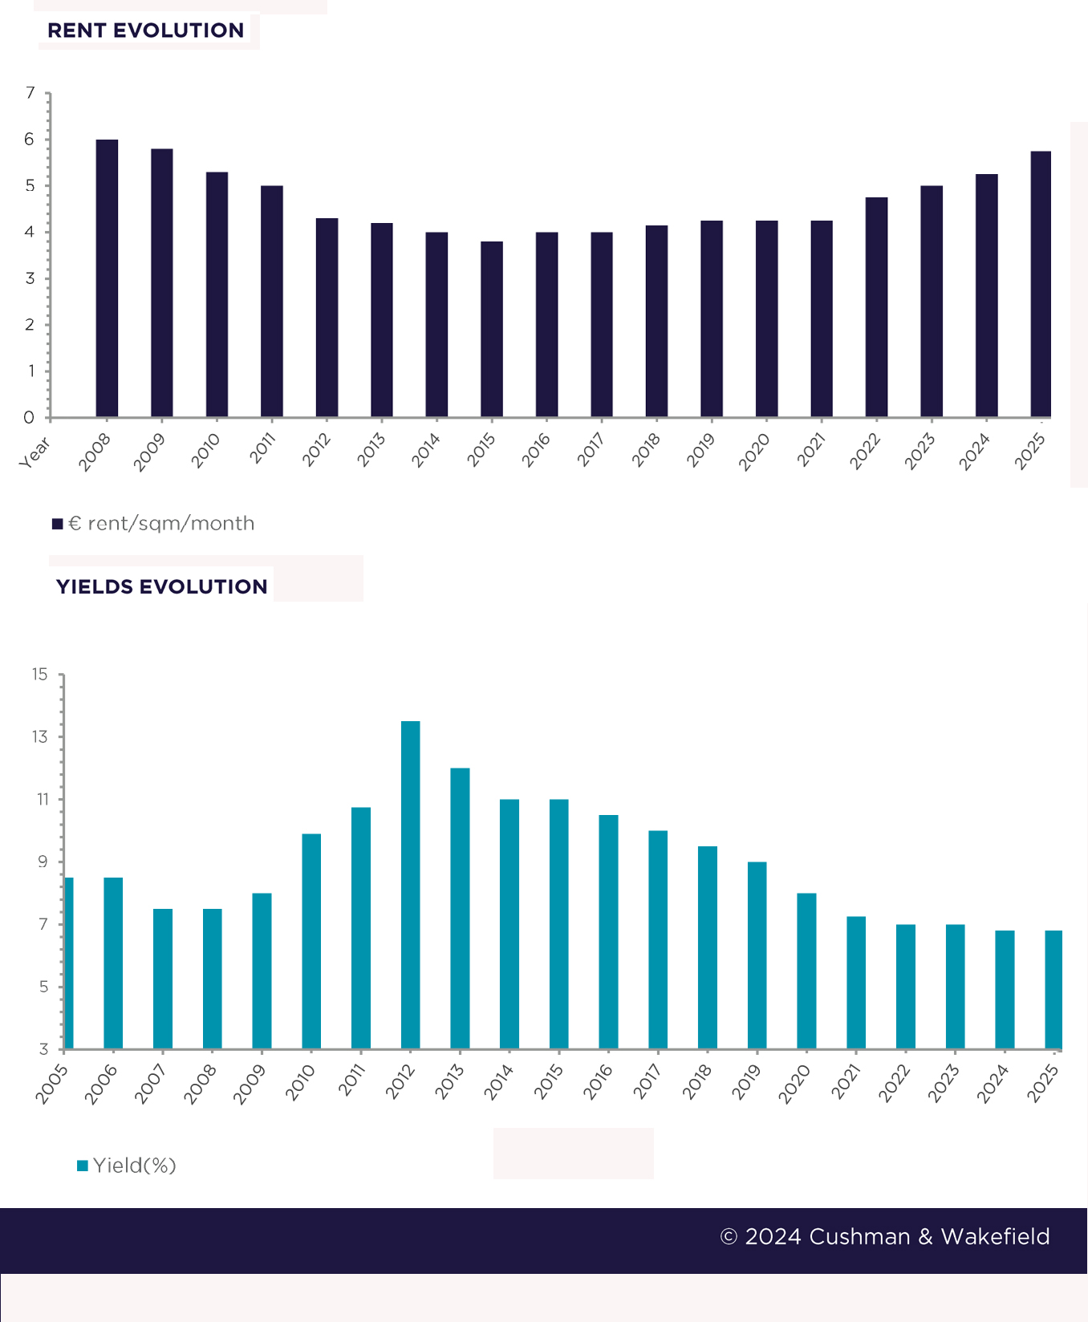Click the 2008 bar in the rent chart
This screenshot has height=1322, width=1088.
(x=107, y=278)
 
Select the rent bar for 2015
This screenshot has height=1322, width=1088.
(x=492, y=329)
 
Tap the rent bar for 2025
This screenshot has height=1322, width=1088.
(x=1041, y=284)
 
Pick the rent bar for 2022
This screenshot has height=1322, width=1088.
(x=876, y=307)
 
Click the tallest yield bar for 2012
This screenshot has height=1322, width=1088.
(x=410, y=885)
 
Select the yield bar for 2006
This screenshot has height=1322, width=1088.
(x=113, y=963)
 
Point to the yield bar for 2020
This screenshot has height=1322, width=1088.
(x=806, y=971)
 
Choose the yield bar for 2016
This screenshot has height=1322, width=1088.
(x=608, y=931)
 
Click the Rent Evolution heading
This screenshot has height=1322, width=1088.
(x=145, y=30)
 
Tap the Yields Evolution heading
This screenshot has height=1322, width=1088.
(x=161, y=586)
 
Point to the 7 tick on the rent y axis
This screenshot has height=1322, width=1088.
(x=30, y=93)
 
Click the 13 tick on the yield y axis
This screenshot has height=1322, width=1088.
(x=40, y=736)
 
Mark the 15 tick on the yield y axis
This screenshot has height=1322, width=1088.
(x=40, y=675)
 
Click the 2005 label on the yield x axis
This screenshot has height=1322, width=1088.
(x=51, y=1084)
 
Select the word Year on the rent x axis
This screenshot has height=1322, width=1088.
(x=35, y=452)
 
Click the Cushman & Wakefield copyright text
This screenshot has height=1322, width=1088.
(x=884, y=1236)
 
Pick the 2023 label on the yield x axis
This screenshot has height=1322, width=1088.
(x=944, y=1084)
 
